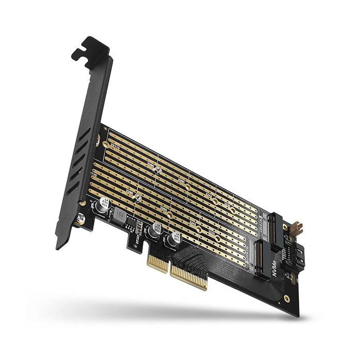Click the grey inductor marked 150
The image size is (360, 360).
(120, 213)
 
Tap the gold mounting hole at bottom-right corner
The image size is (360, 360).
(286, 298)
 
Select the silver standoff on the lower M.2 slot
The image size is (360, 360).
(138, 197)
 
